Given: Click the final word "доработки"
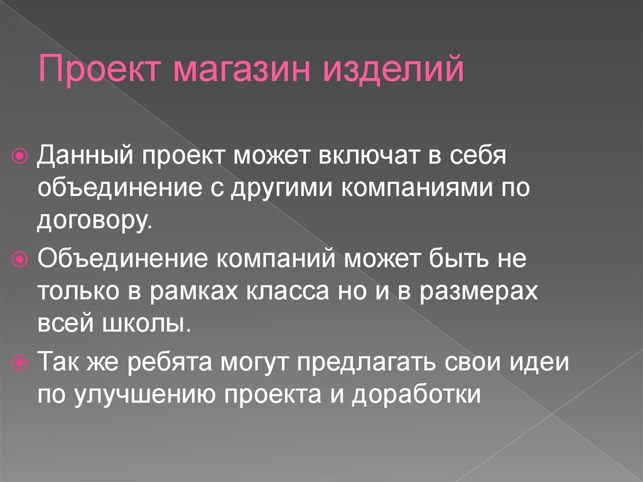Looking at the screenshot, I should coord(417,397).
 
